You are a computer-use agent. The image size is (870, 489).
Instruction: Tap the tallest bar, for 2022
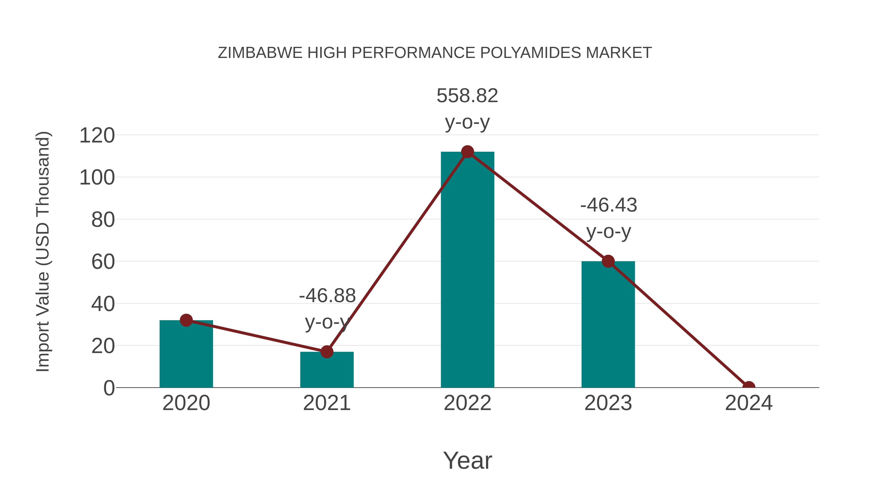click(467, 270)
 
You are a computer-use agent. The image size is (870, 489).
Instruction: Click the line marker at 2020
click(186, 320)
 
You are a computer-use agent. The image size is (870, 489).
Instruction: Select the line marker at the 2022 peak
click(467, 152)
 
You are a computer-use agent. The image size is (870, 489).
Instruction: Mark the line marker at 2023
click(608, 261)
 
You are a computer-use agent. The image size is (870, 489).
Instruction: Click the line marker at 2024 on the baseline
click(749, 387)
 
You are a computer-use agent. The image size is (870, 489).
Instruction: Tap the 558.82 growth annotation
click(467, 96)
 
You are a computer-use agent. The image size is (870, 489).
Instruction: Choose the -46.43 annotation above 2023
click(609, 205)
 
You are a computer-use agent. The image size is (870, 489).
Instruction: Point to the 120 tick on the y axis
click(97, 136)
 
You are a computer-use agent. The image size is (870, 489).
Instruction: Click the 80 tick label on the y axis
click(103, 220)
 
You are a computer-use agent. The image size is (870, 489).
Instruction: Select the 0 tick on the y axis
click(109, 388)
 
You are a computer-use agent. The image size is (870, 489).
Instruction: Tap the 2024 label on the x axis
click(749, 403)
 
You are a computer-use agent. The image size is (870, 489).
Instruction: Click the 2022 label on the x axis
click(467, 403)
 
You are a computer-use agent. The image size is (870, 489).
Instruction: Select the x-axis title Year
click(467, 460)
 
